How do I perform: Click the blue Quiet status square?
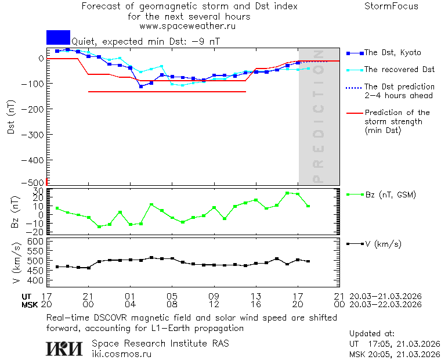tap(58, 37)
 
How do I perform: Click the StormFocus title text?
tap(391, 6)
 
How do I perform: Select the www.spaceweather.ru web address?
tap(187, 26)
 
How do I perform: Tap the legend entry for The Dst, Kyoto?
tap(392, 53)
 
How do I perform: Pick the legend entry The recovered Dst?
tap(399, 70)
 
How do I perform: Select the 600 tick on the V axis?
tap(36, 241)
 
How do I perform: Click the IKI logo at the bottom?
tap(65, 348)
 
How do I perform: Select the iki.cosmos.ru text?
tap(121, 354)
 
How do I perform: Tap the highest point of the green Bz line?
tap(287, 193)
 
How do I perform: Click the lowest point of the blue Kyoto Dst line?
tap(141, 87)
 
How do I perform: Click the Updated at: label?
tap(371, 334)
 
